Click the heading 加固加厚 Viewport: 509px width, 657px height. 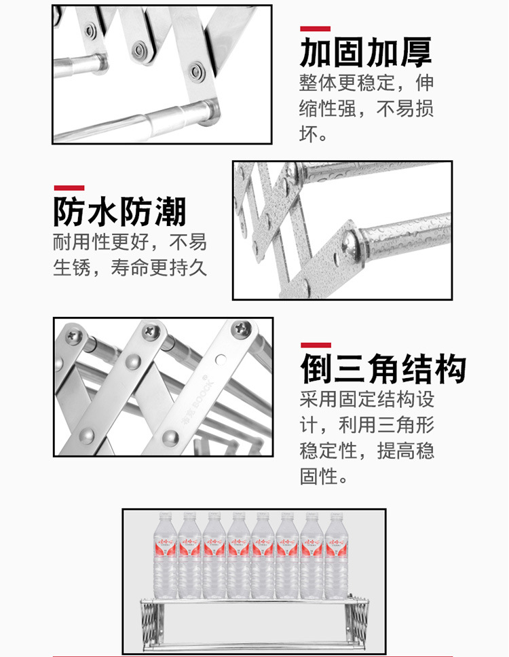(x=365, y=52)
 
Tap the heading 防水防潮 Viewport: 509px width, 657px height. (x=120, y=212)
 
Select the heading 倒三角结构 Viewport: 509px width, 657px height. (x=383, y=369)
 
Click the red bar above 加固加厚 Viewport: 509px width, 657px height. (x=315, y=29)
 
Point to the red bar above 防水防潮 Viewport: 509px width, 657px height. (x=69, y=188)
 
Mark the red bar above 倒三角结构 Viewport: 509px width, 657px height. (x=316, y=345)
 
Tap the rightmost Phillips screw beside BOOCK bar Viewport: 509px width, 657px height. (x=242, y=328)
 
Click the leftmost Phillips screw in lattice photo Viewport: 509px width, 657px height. (x=74, y=335)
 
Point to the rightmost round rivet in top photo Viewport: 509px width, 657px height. (x=195, y=71)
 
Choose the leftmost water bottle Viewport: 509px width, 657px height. (x=166, y=555)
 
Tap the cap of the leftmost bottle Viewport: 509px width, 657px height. (x=166, y=514)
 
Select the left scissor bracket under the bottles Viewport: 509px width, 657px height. (x=149, y=623)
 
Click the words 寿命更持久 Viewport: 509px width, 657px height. (x=159, y=267)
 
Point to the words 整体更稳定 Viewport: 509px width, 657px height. (x=347, y=83)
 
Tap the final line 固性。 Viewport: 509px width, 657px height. (x=324, y=476)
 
